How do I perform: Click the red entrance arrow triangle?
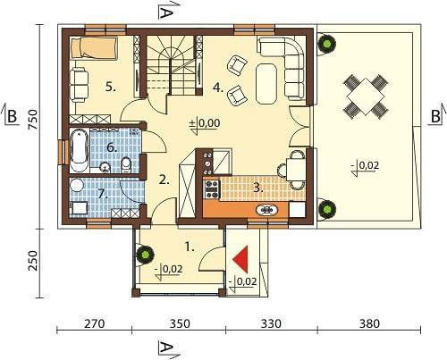[x=242, y=259]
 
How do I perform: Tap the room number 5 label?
[x=111, y=88]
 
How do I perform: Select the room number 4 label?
[x=218, y=88]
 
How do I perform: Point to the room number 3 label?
[x=258, y=188]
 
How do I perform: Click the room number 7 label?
[x=103, y=194]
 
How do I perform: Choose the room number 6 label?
[x=112, y=147]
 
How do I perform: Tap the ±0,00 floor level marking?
[x=206, y=123]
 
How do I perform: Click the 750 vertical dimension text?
[x=33, y=120]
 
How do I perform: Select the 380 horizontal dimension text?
[x=369, y=323]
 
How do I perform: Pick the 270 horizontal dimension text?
[x=95, y=323]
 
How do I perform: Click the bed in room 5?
[x=93, y=47]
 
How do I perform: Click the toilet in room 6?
[x=126, y=165]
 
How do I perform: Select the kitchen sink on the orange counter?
[x=267, y=210]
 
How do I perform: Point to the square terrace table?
[x=366, y=96]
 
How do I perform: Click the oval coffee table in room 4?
[x=266, y=83]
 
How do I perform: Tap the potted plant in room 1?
[x=145, y=255]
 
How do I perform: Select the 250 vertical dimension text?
[x=33, y=261]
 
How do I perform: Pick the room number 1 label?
[x=190, y=247]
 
